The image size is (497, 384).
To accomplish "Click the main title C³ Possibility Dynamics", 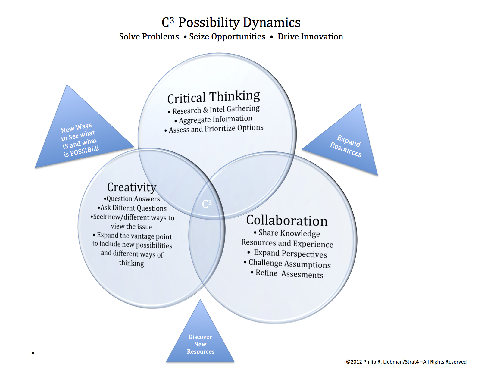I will [231, 23].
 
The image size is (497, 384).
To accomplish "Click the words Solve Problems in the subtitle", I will [149, 37].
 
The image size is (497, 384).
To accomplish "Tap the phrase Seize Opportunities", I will [227, 37].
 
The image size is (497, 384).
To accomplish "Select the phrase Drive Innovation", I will [310, 37].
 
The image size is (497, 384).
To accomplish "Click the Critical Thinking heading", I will [214, 97].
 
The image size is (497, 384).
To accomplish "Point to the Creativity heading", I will [132, 187].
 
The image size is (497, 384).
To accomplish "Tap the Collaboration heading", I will [287, 220].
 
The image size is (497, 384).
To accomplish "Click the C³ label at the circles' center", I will [207, 204].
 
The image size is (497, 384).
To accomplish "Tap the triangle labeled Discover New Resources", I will [200, 343].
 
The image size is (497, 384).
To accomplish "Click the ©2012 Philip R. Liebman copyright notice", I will [406, 362].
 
